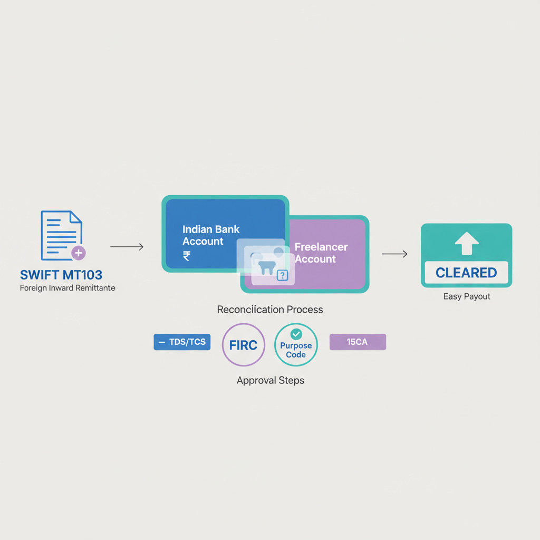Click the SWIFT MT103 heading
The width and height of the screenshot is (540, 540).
(61, 275)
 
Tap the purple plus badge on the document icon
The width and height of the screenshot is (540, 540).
(79, 253)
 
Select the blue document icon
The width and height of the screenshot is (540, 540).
(61, 235)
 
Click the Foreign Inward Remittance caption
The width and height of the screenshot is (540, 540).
(67, 288)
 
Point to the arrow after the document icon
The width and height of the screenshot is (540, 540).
(127, 247)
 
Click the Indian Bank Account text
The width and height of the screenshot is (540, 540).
(211, 235)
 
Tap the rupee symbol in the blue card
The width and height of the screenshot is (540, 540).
(187, 256)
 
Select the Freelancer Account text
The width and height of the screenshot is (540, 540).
(321, 253)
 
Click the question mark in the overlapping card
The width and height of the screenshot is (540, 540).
(283, 275)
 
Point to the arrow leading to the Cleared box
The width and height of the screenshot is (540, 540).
(394, 254)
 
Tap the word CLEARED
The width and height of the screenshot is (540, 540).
(466, 273)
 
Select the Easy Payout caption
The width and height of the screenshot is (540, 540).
(467, 296)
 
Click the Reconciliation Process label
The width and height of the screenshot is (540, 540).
(270, 310)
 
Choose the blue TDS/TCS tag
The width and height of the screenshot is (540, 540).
(182, 342)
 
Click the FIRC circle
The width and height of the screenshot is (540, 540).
(243, 345)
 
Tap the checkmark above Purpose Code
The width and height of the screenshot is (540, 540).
(296, 333)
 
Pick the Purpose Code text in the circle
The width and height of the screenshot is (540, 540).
(296, 350)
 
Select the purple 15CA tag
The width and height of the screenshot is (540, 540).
(358, 342)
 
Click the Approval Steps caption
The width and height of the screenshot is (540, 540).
(270, 380)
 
